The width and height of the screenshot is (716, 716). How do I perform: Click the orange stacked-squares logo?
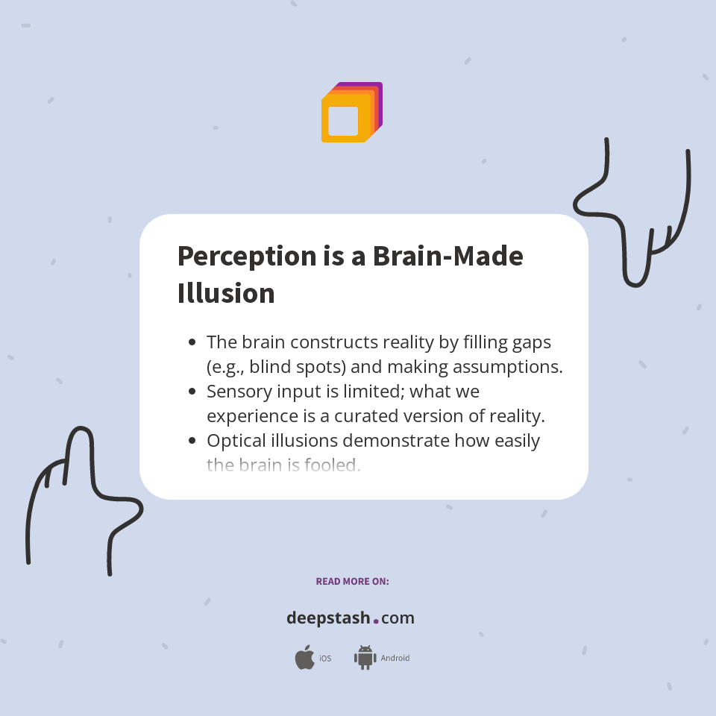[351, 113]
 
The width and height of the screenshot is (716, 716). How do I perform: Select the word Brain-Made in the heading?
[447, 256]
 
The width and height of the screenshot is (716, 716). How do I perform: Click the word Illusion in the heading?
[226, 293]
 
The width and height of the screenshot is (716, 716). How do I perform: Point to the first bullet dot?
[192, 342]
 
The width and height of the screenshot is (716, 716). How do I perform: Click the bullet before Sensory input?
[192, 392]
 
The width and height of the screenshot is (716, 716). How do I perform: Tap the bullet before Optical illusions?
[192, 441]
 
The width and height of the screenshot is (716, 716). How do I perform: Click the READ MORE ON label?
[352, 581]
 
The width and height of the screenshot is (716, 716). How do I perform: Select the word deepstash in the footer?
[328, 618]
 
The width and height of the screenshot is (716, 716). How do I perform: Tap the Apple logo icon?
[304, 658]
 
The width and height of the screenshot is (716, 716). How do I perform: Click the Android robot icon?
[365, 658]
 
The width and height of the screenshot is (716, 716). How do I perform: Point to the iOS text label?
[325, 659]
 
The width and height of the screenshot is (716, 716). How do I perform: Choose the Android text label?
[395, 659]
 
